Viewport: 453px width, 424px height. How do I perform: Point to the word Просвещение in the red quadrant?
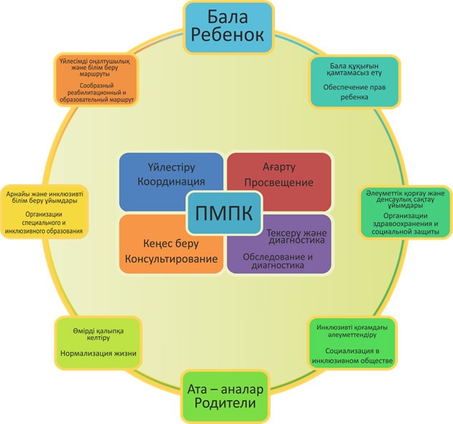[279, 182]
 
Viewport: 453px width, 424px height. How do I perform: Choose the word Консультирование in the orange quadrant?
[172, 257]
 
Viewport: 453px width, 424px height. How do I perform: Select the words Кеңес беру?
[155, 241]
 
